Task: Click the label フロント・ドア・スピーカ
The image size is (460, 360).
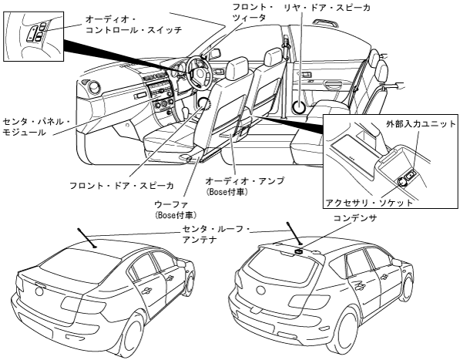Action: click(122, 186)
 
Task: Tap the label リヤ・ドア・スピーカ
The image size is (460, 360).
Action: click(326, 8)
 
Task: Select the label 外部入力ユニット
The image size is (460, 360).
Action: click(421, 124)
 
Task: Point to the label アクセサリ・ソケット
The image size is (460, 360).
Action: click(369, 203)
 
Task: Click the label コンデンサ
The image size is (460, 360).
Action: click(354, 218)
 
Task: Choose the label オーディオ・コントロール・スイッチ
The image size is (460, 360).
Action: click(133, 25)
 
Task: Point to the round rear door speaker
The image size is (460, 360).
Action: click(299, 106)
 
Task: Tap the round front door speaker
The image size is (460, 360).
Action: click(203, 104)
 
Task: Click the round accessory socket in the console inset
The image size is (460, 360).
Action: click(402, 183)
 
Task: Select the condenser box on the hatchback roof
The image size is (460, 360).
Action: click(299, 251)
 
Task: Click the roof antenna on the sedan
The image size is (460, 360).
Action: click(86, 237)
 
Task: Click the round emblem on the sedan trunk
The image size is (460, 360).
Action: click(39, 291)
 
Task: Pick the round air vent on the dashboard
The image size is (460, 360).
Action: click(94, 88)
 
